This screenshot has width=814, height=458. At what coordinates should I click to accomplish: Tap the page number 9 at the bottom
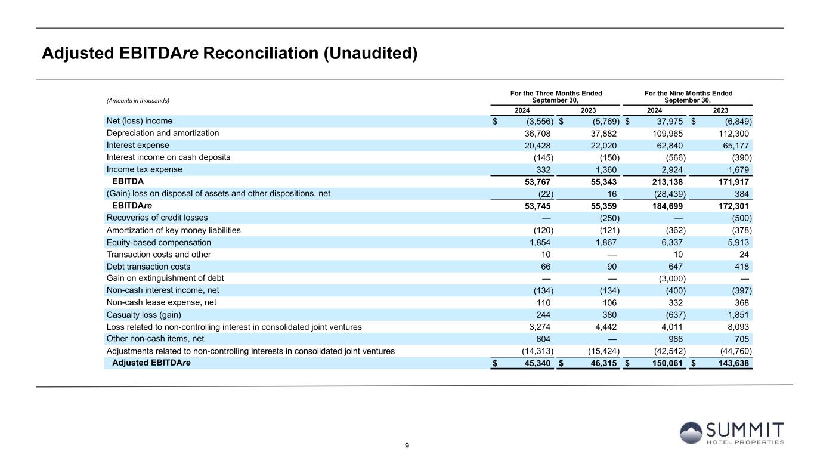point(407,445)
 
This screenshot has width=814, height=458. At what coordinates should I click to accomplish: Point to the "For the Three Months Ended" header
point(556,94)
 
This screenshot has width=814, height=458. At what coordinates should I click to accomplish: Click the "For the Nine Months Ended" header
point(688,94)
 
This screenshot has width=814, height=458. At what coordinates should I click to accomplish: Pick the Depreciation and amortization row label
point(163,133)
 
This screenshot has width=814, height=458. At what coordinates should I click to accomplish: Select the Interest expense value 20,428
point(539,146)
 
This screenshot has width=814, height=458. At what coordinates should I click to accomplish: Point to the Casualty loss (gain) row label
point(144,315)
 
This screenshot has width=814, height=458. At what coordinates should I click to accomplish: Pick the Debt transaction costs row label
point(148,267)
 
